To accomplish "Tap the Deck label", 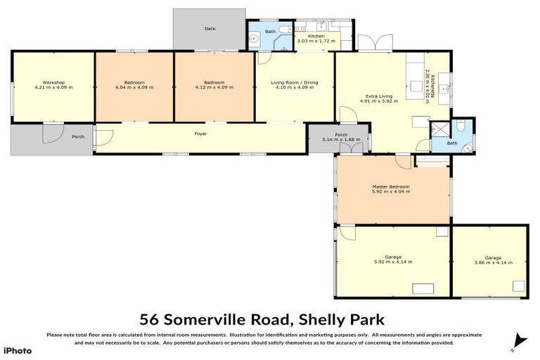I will pos(210,29).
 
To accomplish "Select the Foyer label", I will pos(200,134).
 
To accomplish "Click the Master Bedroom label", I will pos(392,186).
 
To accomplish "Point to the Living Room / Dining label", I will pos(295,83).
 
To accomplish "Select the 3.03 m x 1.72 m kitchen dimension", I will pos(316,41).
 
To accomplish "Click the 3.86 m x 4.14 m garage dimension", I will pos(488,262).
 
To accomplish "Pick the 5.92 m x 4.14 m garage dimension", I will pos(392,262).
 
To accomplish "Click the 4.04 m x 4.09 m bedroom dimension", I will pos(134,88).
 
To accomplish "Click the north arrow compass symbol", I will pos(519,340).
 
